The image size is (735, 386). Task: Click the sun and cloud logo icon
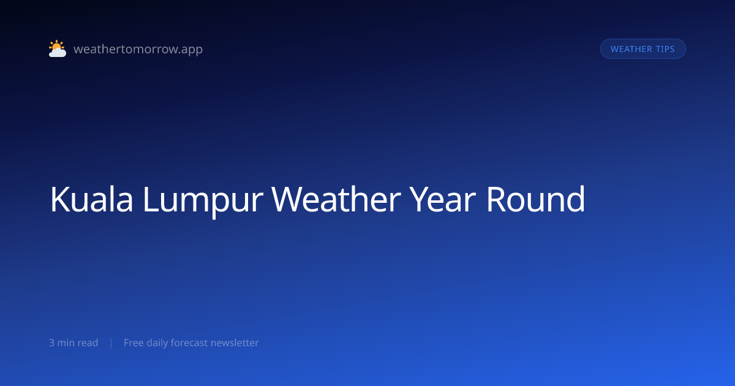click(x=58, y=48)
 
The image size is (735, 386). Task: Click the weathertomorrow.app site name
click(x=138, y=49)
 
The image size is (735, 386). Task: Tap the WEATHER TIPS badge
click(x=643, y=49)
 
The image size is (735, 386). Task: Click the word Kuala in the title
click(x=91, y=199)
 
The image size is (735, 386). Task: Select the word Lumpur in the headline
click(x=203, y=201)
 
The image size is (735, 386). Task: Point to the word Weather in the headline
click(x=336, y=199)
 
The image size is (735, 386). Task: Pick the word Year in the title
click(x=443, y=199)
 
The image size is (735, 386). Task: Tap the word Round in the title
click(x=536, y=199)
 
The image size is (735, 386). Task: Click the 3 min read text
click(x=73, y=342)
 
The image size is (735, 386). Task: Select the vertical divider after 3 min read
click(x=111, y=343)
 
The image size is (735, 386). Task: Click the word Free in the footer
click(x=134, y=342)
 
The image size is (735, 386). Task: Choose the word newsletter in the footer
click(x=235, y=342)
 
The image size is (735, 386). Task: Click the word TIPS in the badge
click(x=665, y=49)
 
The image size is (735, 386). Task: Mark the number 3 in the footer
click(x=51, y=342)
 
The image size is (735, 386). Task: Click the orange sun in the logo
click(x=56, y=45)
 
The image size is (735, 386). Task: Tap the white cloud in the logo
click(x=58, y=53)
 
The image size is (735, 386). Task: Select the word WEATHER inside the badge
click(x=631, y=49)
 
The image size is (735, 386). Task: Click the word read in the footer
click(x=88, y=342)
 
